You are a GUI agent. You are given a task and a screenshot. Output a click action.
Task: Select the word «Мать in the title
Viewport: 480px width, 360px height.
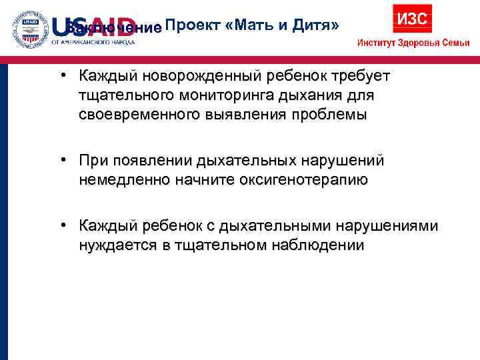click(250, 26)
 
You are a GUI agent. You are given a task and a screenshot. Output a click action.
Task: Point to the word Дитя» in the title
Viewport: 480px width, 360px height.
click(312, 26)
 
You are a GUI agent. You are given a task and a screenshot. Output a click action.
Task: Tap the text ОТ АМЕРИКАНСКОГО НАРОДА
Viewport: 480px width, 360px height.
click(93, 42)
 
